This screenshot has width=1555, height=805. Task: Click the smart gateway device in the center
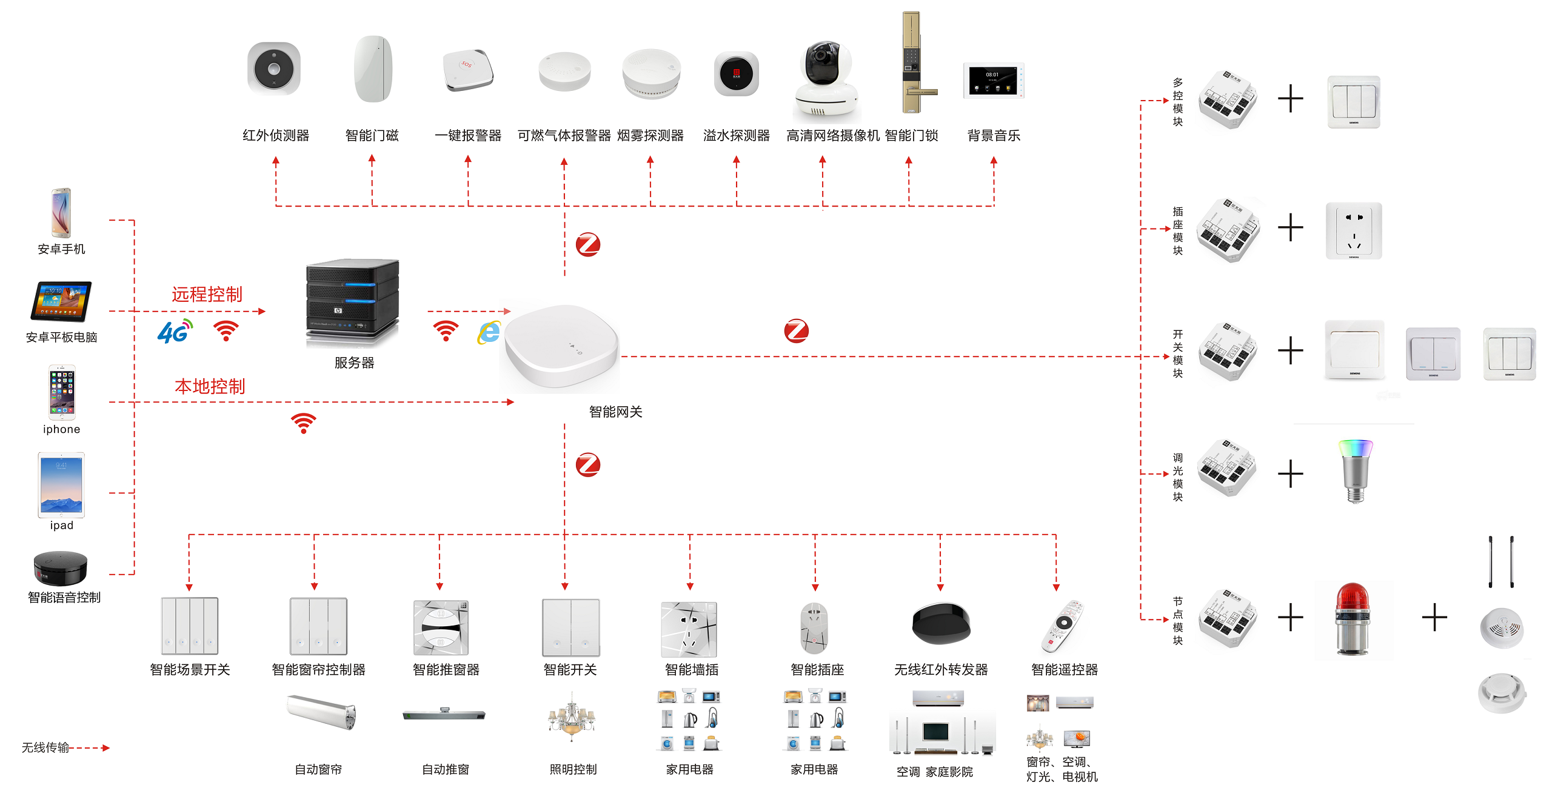pyautogui.click(x=561, y=347)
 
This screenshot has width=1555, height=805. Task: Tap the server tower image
pyautogui.click(x=352, y=302)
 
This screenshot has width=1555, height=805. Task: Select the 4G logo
pyautogui.click(x=175, y=331)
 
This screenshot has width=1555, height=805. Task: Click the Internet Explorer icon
pyautogui.click(x=489, y=332)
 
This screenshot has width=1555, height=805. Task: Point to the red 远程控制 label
pyautogui.click(x=207, y=295)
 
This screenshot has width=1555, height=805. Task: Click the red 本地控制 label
pyautogui.click(x=210, y=387)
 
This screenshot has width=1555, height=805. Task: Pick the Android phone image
pyautogui.click(x=61, y=213)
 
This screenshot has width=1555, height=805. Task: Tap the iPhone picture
pyautogui.click(x=62, y=392)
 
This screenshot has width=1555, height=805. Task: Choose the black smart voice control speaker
pyautogui.click(x=61, y=568)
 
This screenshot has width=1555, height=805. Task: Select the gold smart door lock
pyautogui.click(x=913, y=64)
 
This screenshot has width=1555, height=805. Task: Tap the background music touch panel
pyautogui.click(x=993, y=81)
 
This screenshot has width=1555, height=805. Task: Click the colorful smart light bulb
pyautogui.click(x=1355, y=470)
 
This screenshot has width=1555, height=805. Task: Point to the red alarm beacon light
pyautogui.click(x=1352, y=619)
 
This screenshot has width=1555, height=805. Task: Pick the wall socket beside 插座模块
pyautogui.click(x=1353, y=231)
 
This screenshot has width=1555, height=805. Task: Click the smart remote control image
pyautogui.click(x=1063, y=626)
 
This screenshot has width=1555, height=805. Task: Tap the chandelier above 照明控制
pyautogui.click(x=571, y=720)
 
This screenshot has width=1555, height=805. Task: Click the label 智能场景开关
pyautogui.click(x=190, y=670)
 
